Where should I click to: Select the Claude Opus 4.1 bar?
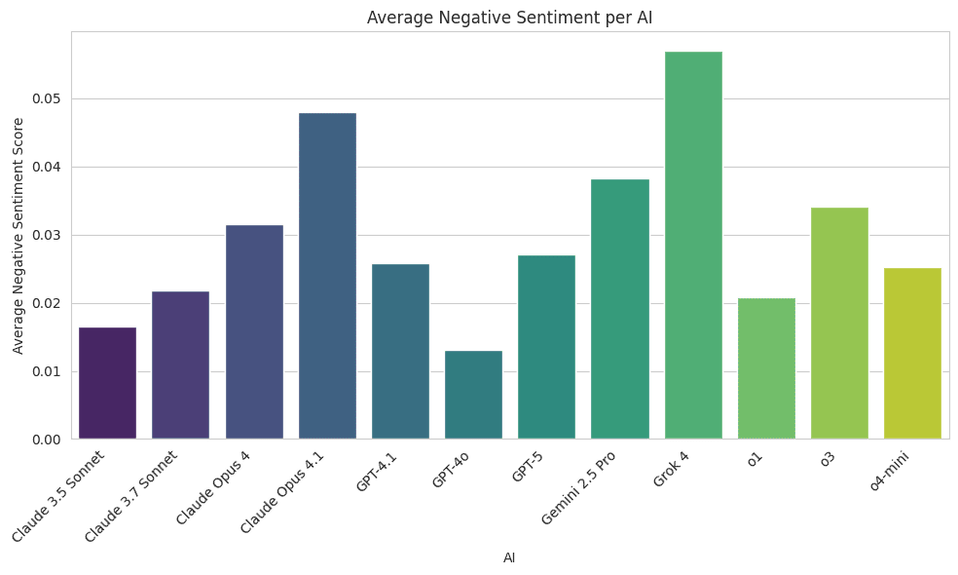tap(327, 276)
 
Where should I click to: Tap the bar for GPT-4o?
tap(473, 395)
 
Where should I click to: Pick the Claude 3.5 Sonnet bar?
tap(107, 383)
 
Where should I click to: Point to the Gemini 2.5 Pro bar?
tap(620, 309)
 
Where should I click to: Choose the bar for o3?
tap(839, 324)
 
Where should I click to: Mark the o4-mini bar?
tap(912, 353)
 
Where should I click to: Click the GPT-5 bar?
tap(546, 347)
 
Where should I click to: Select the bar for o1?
tap(766, 368)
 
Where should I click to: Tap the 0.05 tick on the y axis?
tap(46, 99)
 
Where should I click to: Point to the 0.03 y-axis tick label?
tap(46, 236)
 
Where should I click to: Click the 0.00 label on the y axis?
tap(46, 440)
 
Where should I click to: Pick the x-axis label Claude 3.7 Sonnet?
tap(132, 496)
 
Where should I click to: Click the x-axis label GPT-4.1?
tap(377, 472)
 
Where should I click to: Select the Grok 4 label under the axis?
tap(672, 469)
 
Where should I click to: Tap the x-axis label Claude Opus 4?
tap(214, 487)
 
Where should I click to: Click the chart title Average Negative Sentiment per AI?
tap(509, 18)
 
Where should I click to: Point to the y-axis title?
tap(18, 236)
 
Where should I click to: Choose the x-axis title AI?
tap(509, 558)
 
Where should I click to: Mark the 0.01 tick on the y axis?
tap(46, 371)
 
